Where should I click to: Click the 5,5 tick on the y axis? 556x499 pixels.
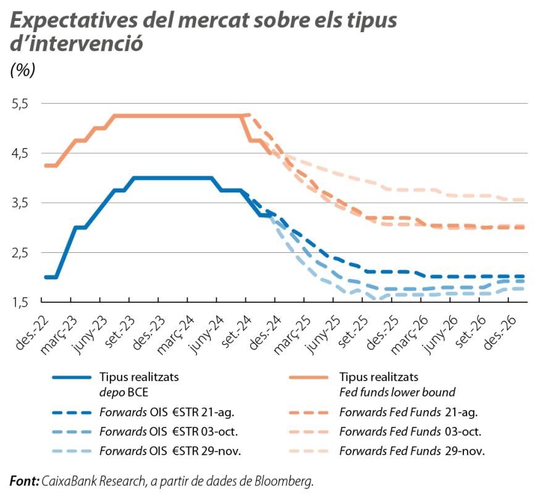click(20, 104)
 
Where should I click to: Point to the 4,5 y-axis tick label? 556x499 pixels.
click(20, 153)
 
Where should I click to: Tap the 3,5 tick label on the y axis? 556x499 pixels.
click(20, 203)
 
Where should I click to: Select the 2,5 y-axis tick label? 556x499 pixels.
click(20, 252)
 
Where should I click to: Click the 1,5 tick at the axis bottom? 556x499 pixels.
click(20, 302)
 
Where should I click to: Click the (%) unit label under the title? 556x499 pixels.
click(23, 70)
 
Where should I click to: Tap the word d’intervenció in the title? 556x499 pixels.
click(77, 44)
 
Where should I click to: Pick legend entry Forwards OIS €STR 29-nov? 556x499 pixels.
click(169, 451)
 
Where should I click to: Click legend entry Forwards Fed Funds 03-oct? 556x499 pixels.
click(410, 432)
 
